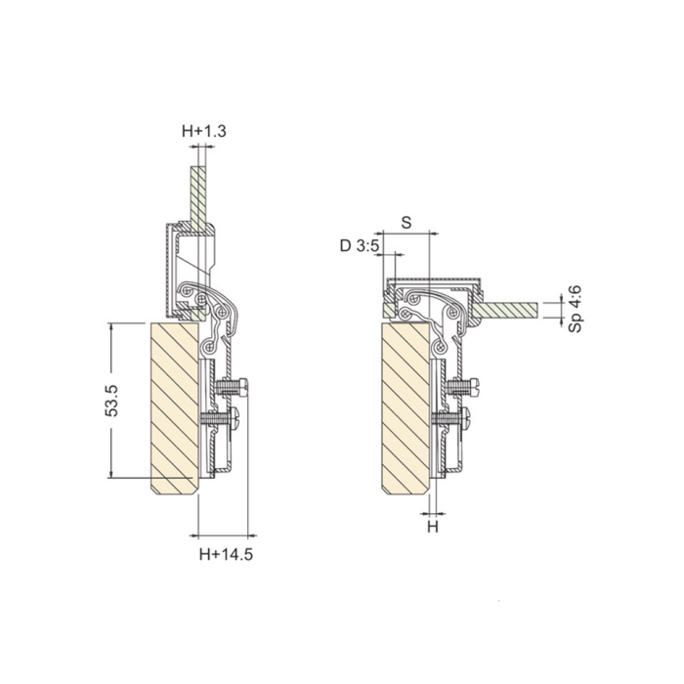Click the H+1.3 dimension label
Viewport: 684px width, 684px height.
(x=204, y=131)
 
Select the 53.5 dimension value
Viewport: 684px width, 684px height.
(x=112, y=401)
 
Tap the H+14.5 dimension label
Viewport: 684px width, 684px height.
(x=226, y=554)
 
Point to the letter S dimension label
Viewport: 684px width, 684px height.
(x=406, y=223)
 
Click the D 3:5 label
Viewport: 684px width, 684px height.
(x=360, y=246)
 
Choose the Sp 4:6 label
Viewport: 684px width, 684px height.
(x=576, y=309)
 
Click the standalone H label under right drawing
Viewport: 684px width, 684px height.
(x=432, y=527)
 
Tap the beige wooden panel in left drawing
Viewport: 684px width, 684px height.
(x=175, y=408)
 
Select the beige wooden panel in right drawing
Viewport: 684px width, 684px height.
(x=406, y=408)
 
